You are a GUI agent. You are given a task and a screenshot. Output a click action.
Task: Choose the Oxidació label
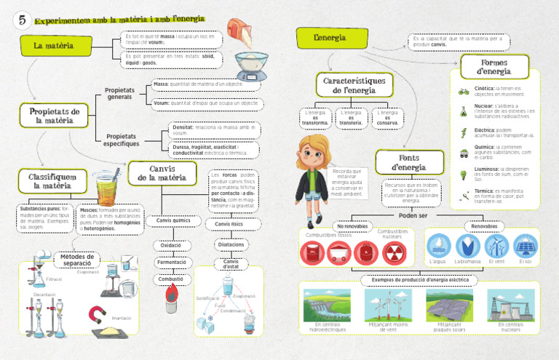pyautogui.click(x=171, y=246)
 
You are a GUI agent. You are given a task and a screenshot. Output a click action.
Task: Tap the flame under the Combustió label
pyautogui.click(x=171, y=294)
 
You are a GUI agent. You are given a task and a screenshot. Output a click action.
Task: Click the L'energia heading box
pyautogui.click(x=330, y=37)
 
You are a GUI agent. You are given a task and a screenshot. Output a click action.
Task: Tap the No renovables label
pyautogui.click(x=352, y=226)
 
